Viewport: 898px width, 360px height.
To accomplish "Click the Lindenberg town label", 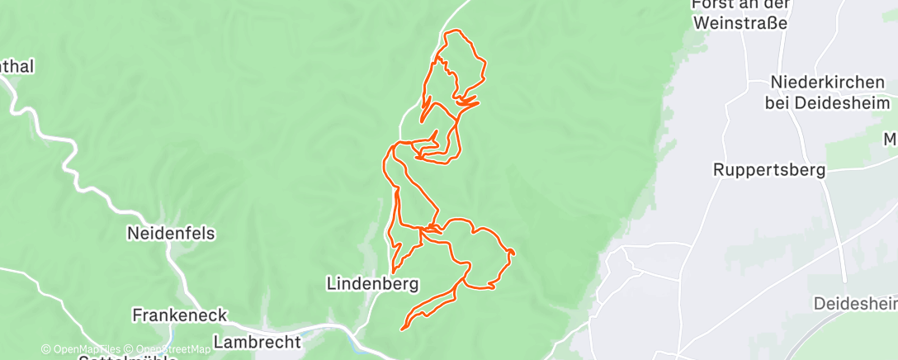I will coord(372,283).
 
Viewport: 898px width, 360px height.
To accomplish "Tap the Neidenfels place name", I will coord(171,234).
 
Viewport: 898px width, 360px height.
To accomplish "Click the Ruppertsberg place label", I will coord(770,170).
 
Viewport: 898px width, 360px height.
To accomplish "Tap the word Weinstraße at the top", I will coord(741,22).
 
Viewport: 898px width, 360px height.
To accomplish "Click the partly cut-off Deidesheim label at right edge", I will coord(855,304).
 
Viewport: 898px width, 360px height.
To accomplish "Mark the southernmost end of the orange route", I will coord(402,329).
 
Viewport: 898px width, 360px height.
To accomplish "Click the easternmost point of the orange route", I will coord(514,251).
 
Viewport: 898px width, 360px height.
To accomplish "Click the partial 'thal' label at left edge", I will coord(18,67).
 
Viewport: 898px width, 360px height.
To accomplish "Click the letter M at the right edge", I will coord(890,140).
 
